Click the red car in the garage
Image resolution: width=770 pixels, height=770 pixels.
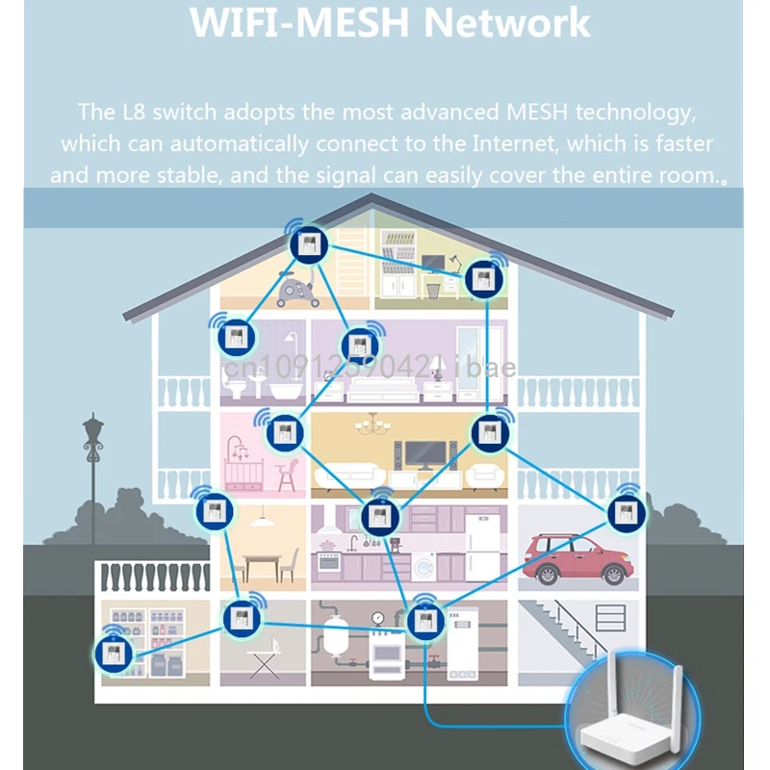click(x=575, y=557)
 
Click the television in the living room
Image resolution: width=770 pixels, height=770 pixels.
click(x=424, y=453)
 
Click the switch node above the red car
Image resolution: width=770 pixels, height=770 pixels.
click(x=628, y=512)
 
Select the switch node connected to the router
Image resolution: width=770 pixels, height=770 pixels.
click(x=423, y=621)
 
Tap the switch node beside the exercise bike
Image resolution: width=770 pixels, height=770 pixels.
click(x=310, y=244)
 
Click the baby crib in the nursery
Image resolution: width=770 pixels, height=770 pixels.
click(x=243, y=471)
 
